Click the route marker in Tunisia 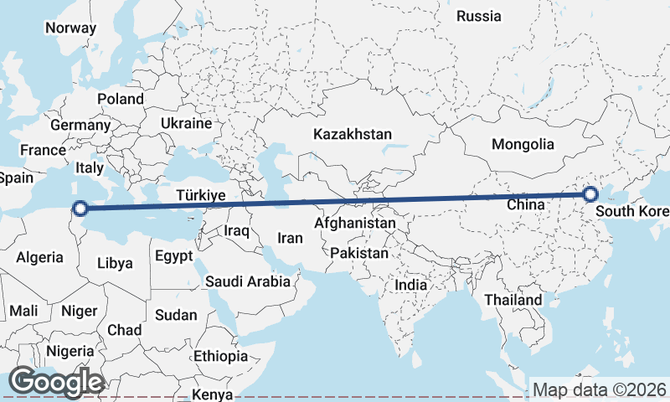tap(80, 209)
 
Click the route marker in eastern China tap(590, 194)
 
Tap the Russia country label tap(479, 16)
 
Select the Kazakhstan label tap(353, 134)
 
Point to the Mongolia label tap(523, 144)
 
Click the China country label tap(527, 204)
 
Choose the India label tap(410, 285)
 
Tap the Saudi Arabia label tap(248, 281)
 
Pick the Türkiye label tap(201, 195)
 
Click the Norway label tap(71, 28)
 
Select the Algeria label tap(40, 257)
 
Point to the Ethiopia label tap(220, 356)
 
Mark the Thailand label tap(513, 299)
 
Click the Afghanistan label tap(355, 224)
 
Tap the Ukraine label tap(187, 123)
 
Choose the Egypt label tap(174, 255)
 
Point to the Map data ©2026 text tap(600, 389)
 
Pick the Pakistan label tap(359, 252)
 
